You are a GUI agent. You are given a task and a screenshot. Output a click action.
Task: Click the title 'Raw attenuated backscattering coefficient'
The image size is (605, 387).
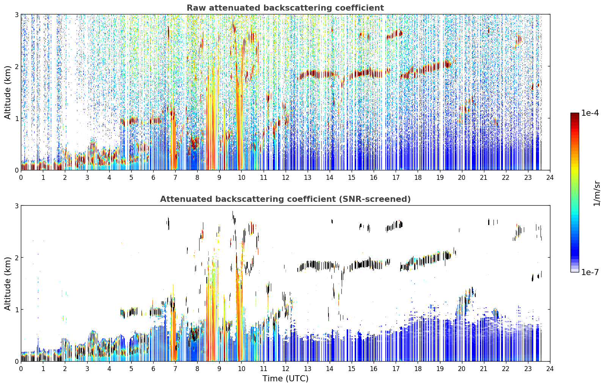[x=285, y=8]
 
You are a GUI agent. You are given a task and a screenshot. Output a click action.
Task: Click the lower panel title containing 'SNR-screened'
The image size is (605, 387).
[x=285, y=199]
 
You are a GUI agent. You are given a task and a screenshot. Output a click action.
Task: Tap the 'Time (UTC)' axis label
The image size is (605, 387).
[x=285, y=379]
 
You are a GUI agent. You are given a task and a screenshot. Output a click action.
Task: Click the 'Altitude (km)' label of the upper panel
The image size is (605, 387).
[x=8, y=93]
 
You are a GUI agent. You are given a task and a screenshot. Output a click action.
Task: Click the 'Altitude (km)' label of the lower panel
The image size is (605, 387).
[x=8, y=283]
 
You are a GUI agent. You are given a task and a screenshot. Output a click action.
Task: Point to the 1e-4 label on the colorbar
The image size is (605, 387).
[x=590, y=113]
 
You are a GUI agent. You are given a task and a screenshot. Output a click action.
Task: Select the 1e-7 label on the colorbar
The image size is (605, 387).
[x=590, y=272]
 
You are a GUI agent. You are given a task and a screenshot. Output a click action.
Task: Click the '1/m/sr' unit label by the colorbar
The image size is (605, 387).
[x=597, y=193]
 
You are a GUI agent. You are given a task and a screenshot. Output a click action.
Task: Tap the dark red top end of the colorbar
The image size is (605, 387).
[x=575, y=114]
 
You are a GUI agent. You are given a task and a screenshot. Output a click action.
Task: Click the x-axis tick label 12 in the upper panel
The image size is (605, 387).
[x=286, y=178]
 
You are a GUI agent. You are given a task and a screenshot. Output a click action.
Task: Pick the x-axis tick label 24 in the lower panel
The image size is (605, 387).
[x=550, y=369]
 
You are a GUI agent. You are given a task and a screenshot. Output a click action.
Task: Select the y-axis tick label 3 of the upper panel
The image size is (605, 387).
[x=16, y=14]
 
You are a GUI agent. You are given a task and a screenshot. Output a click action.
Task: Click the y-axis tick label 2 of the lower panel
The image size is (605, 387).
[x=16, y=258]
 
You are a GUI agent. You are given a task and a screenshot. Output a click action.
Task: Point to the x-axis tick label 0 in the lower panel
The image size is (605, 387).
[x=21, y=369]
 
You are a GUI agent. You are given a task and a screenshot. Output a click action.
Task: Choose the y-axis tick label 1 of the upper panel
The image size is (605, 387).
[x=16, y=118]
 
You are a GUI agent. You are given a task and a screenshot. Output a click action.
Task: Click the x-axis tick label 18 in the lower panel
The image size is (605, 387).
[x=418, y=369]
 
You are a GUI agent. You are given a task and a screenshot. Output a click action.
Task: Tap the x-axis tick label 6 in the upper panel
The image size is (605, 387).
[x=153, y=178]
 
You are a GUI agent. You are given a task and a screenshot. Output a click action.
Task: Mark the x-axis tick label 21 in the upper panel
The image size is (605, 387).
[x=484, y=178]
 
